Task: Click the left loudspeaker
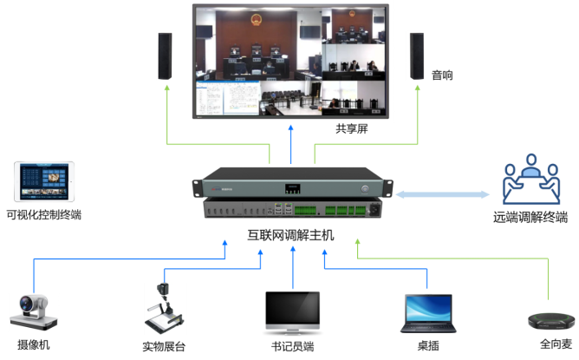pyautogui.click(x=166, y=56)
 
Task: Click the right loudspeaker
pyautogui.click(x=416, y=56)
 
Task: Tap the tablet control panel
pyautogui.click(x=44, y=182)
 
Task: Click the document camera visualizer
pyautogui.click(x=164, y=308)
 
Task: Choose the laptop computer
pyautogui.click(x=427, y=312)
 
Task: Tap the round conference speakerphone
pyautogui.click(x=550, y=319)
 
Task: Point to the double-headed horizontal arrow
pyautogui.click(x=443, y=195)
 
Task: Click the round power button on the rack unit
pyautogui.click(x=365, y=187)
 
